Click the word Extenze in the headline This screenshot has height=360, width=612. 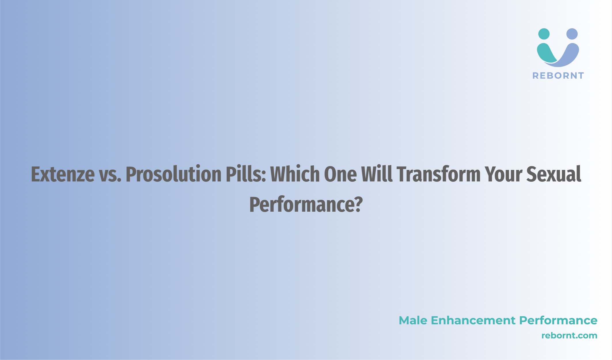pos(63,174)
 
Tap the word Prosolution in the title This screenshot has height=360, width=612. pos(174,174)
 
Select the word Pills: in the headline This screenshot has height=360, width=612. pos(246,174)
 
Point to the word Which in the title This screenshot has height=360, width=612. pos(295,174)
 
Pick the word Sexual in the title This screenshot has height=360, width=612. pos(554,174)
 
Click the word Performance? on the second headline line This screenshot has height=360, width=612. pos(306,204)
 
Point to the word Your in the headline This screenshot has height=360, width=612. pos(503,175)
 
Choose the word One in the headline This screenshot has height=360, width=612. pos(340,174)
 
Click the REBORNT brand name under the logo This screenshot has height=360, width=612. pos(558,76)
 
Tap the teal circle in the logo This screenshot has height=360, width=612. pos(544,34)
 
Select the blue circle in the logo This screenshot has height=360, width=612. pos(572,34)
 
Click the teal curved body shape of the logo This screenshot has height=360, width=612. pos(545,54)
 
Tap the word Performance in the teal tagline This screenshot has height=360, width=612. pos(558,320)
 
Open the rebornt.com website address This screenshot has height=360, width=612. pos(569,336)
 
